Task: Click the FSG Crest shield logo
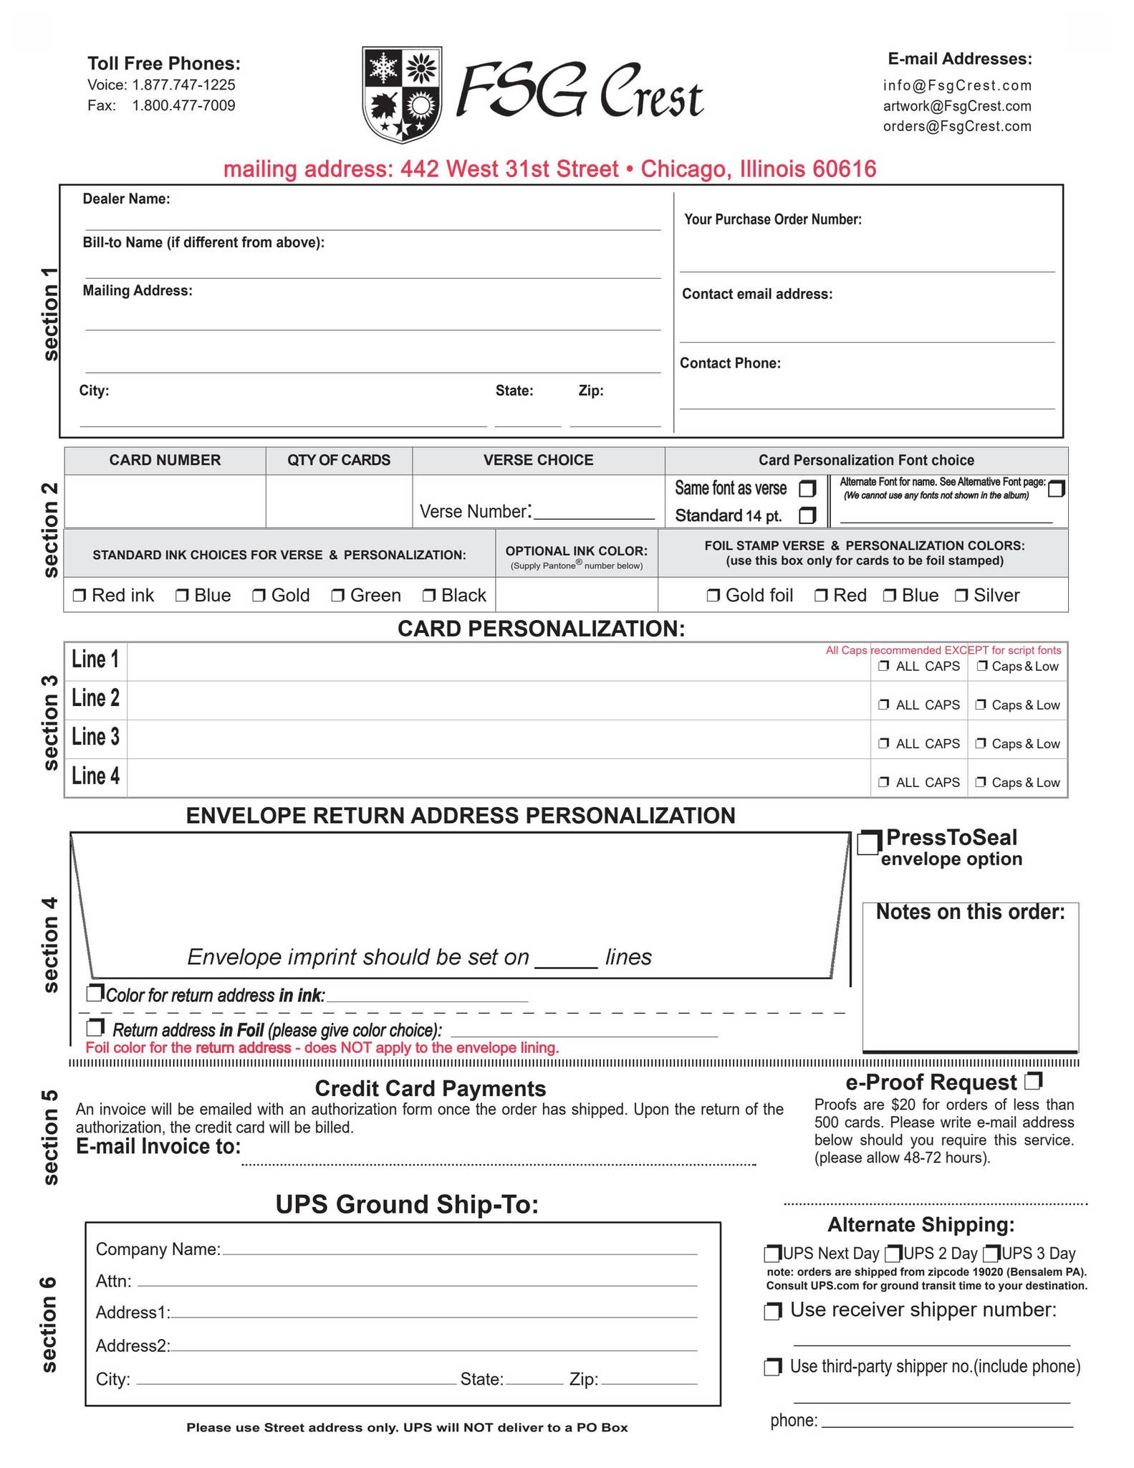point(402,94)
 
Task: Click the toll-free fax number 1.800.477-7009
point(183,106)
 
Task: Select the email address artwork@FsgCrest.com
point(957,106)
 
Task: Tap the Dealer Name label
point(126,199)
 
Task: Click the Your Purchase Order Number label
point(772,219)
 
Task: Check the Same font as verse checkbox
point(807,489)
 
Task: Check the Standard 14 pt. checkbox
point(807,515)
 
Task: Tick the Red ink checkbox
point(80,595)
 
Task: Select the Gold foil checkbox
point(713,595)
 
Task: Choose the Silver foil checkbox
point(961,595)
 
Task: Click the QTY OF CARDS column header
point(339,460)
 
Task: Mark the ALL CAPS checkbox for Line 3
point(884,743)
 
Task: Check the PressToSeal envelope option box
point(869,843)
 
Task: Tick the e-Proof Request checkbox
point(1034,1080)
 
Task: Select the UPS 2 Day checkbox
point(893,1254)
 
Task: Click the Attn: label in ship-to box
point(113,1281)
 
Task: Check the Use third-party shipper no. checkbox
point(772,1367)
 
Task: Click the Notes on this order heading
point(970,912)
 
